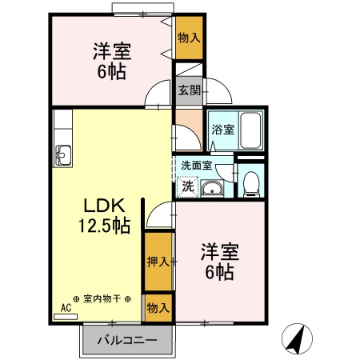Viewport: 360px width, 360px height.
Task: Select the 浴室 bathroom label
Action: coord(222,130)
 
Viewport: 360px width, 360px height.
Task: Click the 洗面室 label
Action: coord(196,166)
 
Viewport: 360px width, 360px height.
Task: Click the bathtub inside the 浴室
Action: coord(252,127)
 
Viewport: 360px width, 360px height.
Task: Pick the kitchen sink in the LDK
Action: coord(63,154)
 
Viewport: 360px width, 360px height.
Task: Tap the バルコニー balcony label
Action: coord(126,340)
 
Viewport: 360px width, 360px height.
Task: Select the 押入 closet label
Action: coord(158,261)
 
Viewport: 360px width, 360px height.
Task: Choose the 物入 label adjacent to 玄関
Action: coord(189,38)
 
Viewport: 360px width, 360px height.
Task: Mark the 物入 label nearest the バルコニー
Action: coord(158,307)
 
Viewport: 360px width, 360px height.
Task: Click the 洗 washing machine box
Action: coord(186,186)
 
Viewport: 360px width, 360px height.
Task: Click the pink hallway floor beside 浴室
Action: coord(189,128)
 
